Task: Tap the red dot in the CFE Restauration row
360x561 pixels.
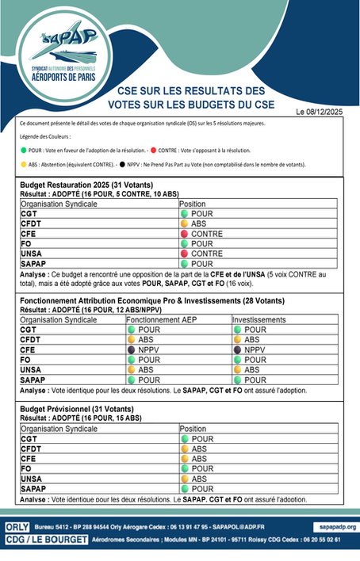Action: coord(184,235)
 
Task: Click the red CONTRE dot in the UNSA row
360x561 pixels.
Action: coord(184,254)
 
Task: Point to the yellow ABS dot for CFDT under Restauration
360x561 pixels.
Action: coord(184,224)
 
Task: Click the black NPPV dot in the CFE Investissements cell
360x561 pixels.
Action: coord(237,349)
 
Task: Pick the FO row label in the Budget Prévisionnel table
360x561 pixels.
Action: coord(26,468)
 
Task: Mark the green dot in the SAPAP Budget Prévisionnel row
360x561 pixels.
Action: coord(184,488)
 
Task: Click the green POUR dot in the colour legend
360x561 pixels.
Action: coord(24,150)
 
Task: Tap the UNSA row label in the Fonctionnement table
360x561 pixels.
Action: coord(30,369)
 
